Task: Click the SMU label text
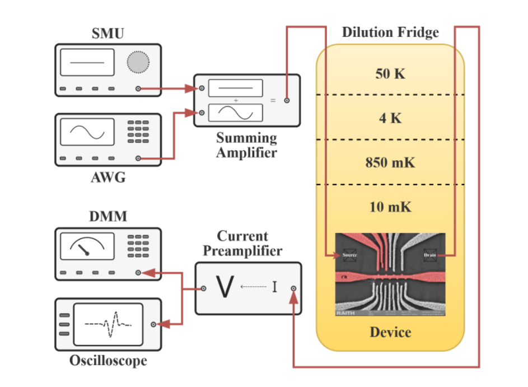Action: [108, 34]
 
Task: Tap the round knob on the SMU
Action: [138, 62]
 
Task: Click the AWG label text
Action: [108, 179]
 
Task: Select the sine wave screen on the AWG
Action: [87, 132]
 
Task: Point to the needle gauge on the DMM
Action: [87, 246]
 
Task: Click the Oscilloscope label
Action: [108, 361]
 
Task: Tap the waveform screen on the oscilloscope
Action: [108, 324]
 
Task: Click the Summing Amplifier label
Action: [246, 145]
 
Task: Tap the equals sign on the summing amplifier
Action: [273, 101]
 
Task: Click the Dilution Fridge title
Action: [390, 33]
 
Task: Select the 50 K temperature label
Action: [390, 73]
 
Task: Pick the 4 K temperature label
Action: [390, 118]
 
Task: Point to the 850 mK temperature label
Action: [390, 163]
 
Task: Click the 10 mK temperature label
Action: [390, 207]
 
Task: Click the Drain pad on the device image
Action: [430, 255]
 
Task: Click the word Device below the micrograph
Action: [390, 332]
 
